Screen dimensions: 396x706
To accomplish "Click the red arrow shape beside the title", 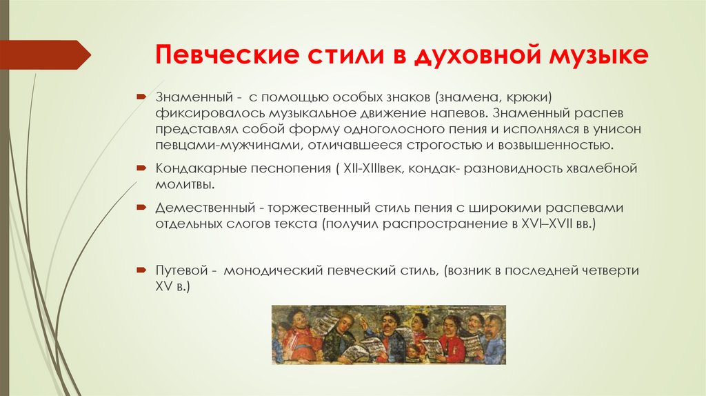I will pyautogui.click(x=45, y=55).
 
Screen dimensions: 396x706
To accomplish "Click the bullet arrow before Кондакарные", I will pyautogui.click(x=141, y=168).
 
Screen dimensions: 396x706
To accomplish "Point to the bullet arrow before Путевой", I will pyautogui.click(x=141, y=271).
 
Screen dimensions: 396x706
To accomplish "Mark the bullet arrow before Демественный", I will pyautogui.click(x=141, y=208).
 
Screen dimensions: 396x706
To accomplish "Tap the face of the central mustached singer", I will pyautogui.click(x=390, y=323).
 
